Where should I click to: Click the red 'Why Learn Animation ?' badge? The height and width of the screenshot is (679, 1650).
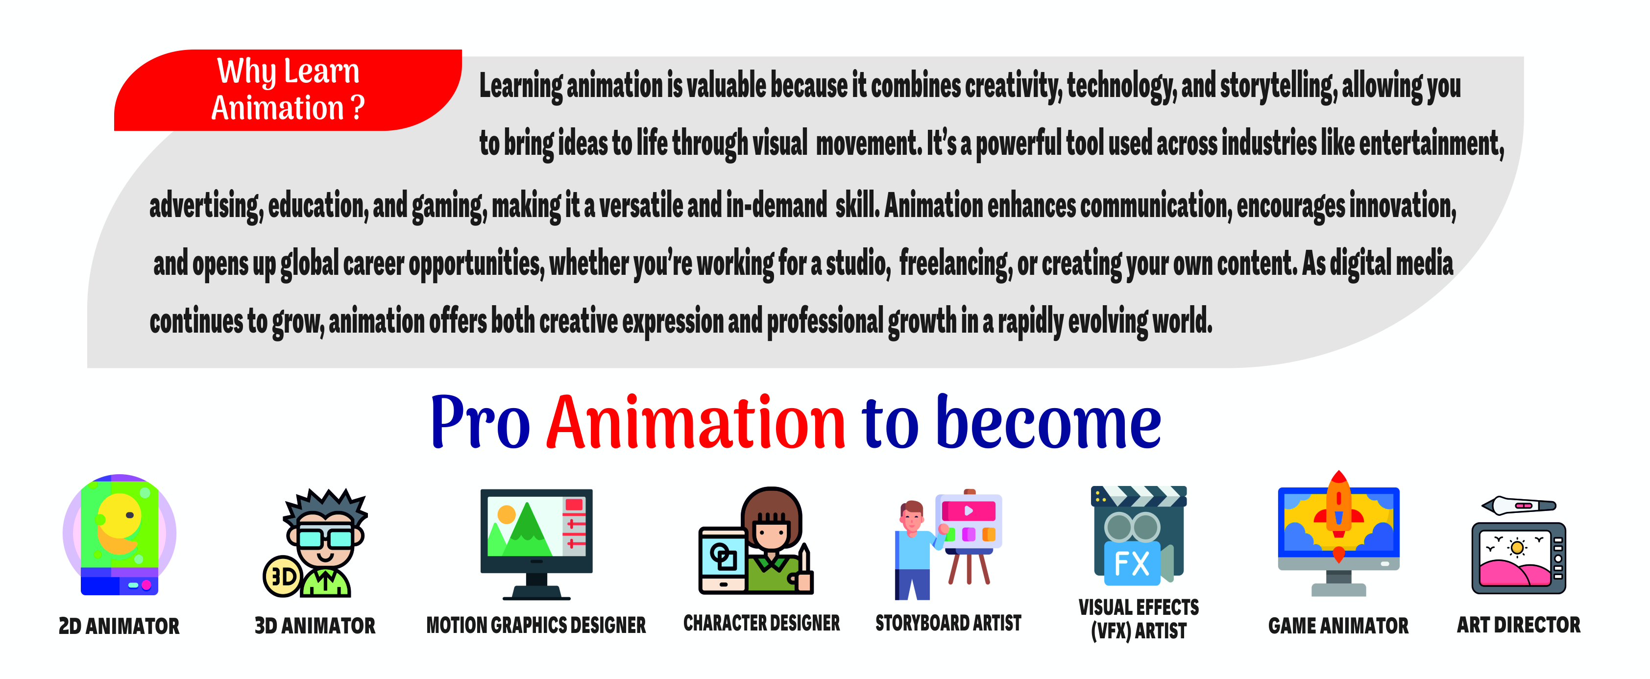click(x=288, y=90)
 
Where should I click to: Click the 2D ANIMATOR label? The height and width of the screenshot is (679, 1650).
click(x=119, y=626)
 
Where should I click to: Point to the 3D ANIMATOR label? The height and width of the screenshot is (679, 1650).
click(x=315, y=626)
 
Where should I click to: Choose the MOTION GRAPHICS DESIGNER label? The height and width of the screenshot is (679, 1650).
click(x=536, y=625)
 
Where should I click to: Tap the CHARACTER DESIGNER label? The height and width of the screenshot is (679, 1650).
click(x=762, y=623)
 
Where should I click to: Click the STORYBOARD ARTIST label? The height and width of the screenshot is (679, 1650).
click(x=948, y=623)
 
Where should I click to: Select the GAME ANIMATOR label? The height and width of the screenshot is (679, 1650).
click(x=1339, y=626)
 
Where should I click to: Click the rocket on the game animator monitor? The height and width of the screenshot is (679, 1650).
click(x=1339, y=512)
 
